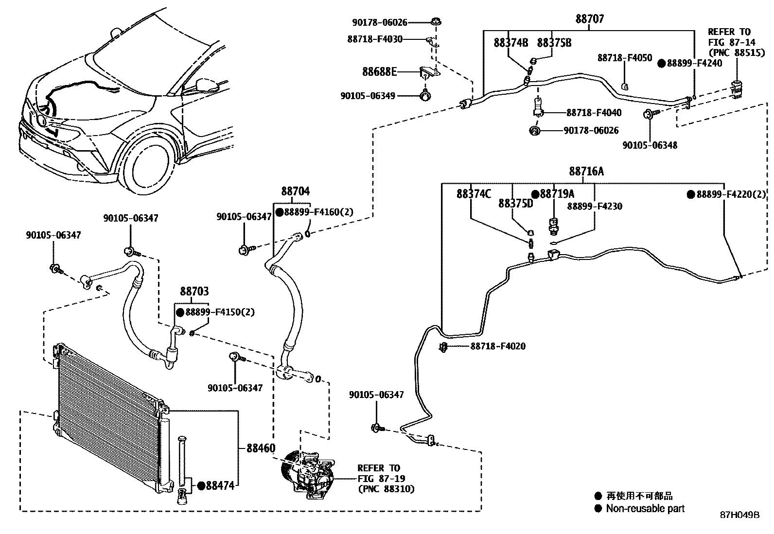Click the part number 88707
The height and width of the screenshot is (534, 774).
pyautogui.click(x=589, y=19)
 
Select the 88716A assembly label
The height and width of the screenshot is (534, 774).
pyautogui.click(x=586, y=172)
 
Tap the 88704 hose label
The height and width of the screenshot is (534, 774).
pyautogui.click(x=295, y=191)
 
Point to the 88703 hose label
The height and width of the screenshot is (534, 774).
pyautogui.click(x=194, y=292)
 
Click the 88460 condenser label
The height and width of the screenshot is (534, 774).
pyautogui.click(x=261, y=448)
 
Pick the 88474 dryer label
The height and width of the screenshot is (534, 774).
pyautogui.click(x=220, y=485)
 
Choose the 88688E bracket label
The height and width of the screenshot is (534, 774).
pyautogui.click(x=379, y=72)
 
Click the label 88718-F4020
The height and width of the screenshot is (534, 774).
pyautogui.click(x=498, y=346)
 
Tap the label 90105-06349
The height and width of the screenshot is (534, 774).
pyautogui.click(x=368, y=96)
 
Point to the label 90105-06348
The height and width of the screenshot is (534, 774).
pyautogui.click(x=650, y=145)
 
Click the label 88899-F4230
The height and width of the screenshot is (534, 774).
pyautogui.click(x=595, y=206)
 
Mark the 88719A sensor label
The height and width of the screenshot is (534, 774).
pyautogui.click(x=557, y=194)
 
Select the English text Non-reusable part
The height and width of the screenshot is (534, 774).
pyautogui.click(x=645, y=509)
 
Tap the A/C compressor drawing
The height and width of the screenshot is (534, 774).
pyautogui.click(x=307, y=476)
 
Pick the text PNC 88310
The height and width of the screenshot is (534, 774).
pyautogui.click(x=386, y=489)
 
